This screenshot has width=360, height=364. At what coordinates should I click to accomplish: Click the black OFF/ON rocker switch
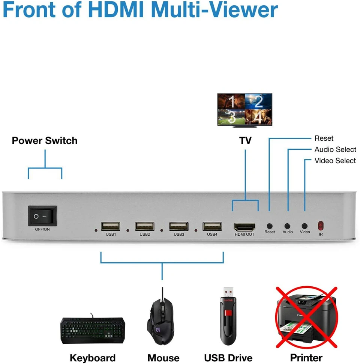tap(42, 216)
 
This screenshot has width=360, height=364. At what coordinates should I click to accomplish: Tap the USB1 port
tap(111, 226)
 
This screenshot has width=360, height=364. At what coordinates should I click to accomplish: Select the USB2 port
tap(145, 226)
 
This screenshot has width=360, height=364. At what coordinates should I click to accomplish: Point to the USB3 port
tap(178, 226)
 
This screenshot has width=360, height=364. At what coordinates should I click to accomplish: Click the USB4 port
tap(212, 226)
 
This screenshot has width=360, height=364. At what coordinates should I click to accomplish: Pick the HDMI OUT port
tap(244, 227)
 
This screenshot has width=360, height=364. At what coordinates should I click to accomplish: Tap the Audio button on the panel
tap(287, 226)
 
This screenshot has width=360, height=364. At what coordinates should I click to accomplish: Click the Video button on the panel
tap(304, 226)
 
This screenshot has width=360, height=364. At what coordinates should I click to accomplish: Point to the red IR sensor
tap(321, 226)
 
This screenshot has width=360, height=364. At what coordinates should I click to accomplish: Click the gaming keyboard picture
tap(93, 331)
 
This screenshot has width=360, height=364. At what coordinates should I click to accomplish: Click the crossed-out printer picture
tap(306, 318)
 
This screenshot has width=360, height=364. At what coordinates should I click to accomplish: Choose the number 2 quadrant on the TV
tap(258, 101)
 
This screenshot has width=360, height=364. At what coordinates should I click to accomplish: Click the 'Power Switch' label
tap(45, 141)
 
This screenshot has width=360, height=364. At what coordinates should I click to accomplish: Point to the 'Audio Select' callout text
tap(335, 149)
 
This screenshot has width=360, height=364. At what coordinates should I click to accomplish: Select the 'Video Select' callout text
tap(335, 161)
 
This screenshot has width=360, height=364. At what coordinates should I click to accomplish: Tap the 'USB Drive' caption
tap(228, 358)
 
